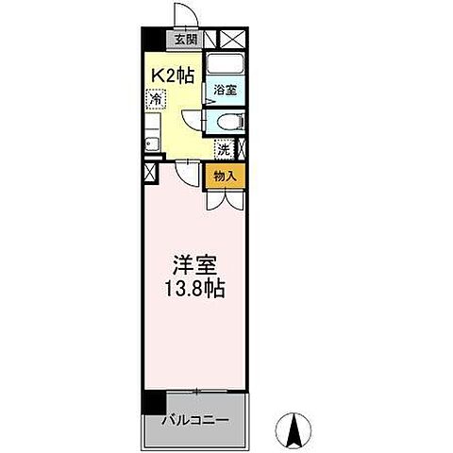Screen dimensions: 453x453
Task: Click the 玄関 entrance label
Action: pos(186,40)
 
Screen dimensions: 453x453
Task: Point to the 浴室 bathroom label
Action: pos(224,91)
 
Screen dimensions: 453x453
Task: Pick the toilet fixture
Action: pos(227,120)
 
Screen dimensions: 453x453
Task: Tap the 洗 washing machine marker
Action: pos(223,148)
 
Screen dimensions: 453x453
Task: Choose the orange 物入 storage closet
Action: pos(225,176)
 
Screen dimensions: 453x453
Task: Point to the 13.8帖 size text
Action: pos(196,291)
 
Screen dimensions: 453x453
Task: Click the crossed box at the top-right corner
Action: pos(232,40)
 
